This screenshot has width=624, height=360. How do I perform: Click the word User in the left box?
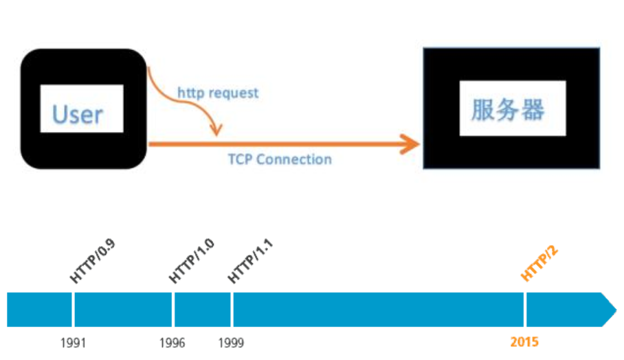(78, 113)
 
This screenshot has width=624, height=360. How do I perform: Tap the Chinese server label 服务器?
(507, 109)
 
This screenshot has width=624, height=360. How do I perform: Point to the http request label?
(218, 92)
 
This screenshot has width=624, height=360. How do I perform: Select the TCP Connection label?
(280, 159)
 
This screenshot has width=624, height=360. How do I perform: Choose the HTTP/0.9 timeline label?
(92, 262)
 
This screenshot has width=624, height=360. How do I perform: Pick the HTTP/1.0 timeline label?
(192, 262)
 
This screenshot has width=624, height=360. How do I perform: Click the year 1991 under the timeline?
(73, 342)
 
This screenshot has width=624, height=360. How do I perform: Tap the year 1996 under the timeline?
(172, 342)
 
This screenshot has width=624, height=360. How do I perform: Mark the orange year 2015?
(524, 342)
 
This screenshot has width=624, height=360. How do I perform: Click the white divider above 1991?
(73, 309)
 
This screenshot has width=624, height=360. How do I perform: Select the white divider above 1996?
(173, 309)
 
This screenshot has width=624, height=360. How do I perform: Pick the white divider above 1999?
(232, 309)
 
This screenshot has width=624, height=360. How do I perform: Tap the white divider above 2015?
(525, 309)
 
